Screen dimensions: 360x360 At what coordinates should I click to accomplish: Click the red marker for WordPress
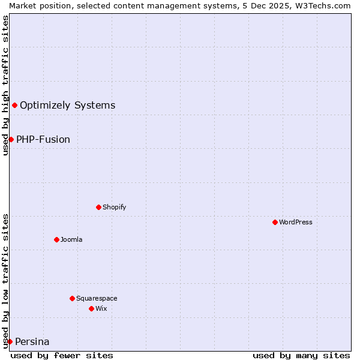275,222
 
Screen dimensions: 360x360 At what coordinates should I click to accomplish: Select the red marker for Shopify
98,207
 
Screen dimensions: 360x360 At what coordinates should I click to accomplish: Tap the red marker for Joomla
56,239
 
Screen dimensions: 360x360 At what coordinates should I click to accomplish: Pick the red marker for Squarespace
72,298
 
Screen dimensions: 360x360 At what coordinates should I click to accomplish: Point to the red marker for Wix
91,308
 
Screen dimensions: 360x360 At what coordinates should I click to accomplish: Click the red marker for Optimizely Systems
14,106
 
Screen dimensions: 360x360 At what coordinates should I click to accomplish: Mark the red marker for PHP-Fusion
11,139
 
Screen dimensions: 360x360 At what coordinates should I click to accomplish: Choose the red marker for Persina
10,341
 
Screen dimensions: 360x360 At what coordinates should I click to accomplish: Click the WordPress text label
296,222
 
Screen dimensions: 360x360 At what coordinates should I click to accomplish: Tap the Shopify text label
114,207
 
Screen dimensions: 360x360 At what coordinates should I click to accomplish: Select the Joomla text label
71,239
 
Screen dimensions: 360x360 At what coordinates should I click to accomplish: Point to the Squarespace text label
97,298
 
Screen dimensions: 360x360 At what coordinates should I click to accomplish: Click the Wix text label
101,308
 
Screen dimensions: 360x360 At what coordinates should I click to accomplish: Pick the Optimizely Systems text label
67,106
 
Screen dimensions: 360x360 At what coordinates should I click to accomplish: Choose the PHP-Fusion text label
43,139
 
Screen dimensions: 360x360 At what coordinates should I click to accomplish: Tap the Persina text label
32,342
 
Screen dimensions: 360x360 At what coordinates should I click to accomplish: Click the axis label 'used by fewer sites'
62,355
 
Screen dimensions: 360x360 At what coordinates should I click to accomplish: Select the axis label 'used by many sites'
301,355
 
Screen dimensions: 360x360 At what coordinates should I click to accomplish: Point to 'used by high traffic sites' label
5,85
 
